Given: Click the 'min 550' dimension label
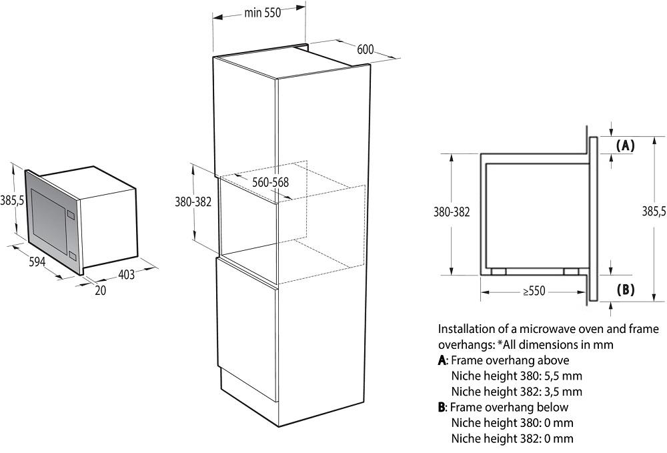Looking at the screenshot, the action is tap(262, 13).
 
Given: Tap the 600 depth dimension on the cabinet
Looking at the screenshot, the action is tap(365, 49).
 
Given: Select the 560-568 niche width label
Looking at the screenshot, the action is tap(271, 183).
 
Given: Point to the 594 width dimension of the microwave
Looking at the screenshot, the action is tap(37, 262).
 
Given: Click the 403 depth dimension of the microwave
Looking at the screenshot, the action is tap(126, 275).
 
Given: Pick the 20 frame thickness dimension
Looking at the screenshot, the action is tap(101, 290).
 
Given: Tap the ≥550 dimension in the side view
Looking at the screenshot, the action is tap(534, 291).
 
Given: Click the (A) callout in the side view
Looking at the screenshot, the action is tap(626, 145).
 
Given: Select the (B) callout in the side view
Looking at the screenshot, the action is tap(626, 290).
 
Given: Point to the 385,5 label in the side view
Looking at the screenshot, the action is tap(654, 211).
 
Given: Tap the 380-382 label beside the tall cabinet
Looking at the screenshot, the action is tap(193, 201).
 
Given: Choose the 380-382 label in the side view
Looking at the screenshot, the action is tap(452, 211).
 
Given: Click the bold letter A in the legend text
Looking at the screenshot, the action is tap(442, 361).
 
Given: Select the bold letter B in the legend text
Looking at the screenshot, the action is tap(442, 408).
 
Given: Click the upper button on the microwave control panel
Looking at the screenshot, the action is tap(71, 215).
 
